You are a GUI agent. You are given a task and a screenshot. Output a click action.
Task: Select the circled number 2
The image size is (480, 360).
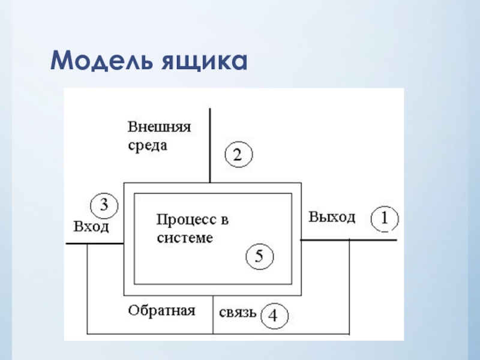pos(238,155)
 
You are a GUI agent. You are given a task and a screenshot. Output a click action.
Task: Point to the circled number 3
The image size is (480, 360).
pos(104,206)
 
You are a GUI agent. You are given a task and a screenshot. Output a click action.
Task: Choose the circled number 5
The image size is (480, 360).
pos(260,257)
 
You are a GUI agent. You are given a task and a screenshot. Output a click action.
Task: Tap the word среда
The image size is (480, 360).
pos(147,145)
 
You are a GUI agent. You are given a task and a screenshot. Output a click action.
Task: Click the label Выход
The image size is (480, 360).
pos(332,217)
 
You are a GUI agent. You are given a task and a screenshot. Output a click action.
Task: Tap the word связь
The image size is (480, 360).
pos(238,313)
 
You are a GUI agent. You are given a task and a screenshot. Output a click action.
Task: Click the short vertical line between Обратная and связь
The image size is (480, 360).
pos(213,315)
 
